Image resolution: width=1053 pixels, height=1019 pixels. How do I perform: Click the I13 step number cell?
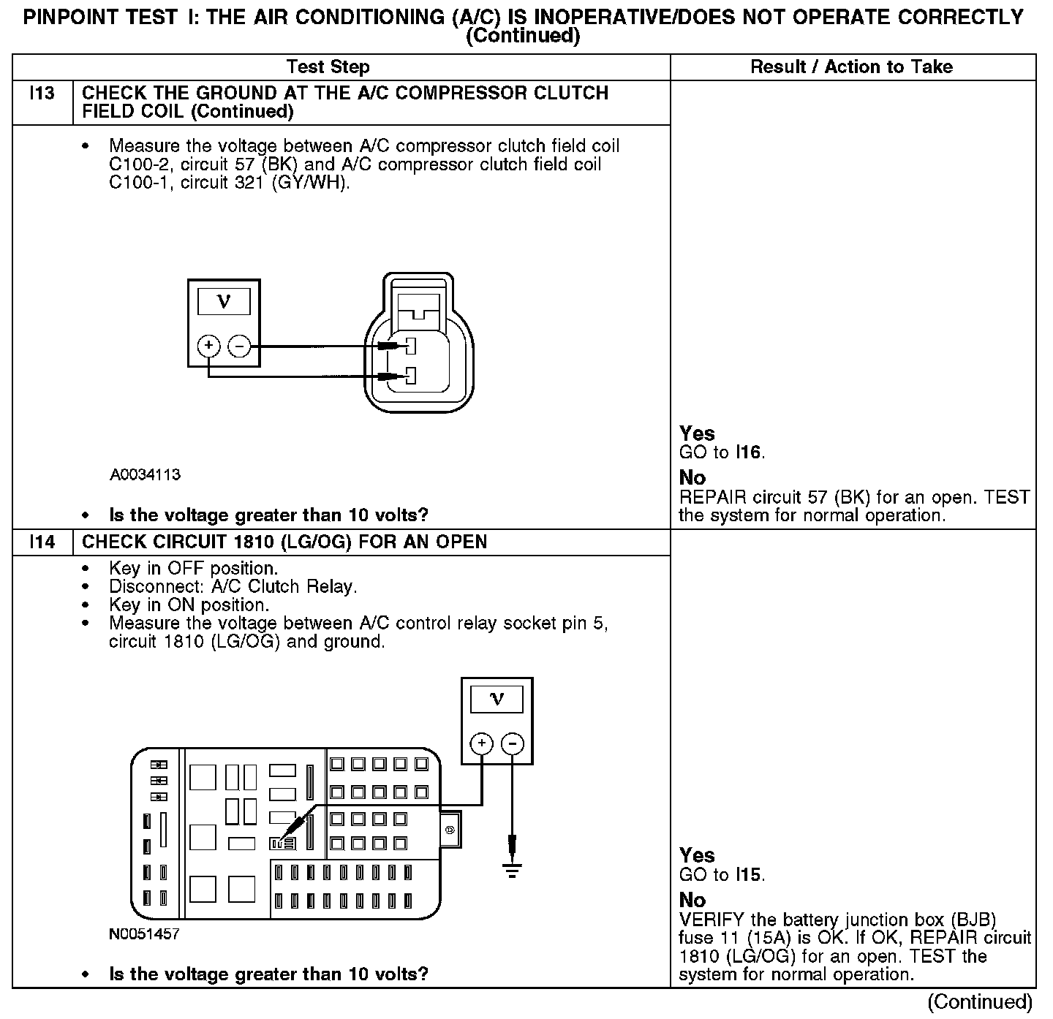coord(42,94)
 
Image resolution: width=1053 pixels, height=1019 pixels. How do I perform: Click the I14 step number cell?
coord(42,542)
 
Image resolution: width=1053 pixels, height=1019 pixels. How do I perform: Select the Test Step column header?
coord(328,67)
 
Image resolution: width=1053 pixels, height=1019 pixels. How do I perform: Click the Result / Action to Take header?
coord(852,67)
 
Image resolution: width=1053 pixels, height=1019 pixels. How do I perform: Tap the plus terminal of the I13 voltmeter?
coord(208,346)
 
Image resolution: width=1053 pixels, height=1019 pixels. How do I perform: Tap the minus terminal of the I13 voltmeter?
coord(239,346)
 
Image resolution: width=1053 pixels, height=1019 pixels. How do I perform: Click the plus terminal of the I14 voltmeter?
coord(481,744)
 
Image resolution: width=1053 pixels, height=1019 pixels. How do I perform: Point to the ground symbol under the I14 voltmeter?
coord(512,870)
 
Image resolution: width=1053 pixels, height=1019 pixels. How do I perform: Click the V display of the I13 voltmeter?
coord(224,301)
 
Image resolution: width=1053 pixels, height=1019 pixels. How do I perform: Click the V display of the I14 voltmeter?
coord(497,700)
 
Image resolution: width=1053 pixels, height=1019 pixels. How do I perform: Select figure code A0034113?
coord(146,475)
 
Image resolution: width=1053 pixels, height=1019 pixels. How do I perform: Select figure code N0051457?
coord(145,934)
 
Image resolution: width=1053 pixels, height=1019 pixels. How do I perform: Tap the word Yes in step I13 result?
coord(697,433)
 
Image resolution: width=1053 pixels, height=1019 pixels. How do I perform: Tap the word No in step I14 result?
coord(692,900)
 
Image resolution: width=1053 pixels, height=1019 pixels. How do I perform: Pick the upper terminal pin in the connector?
coord(411,346)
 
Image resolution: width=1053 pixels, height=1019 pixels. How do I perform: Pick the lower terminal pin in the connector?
coord(411,376)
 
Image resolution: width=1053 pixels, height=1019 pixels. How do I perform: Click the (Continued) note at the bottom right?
coord(980,1002)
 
